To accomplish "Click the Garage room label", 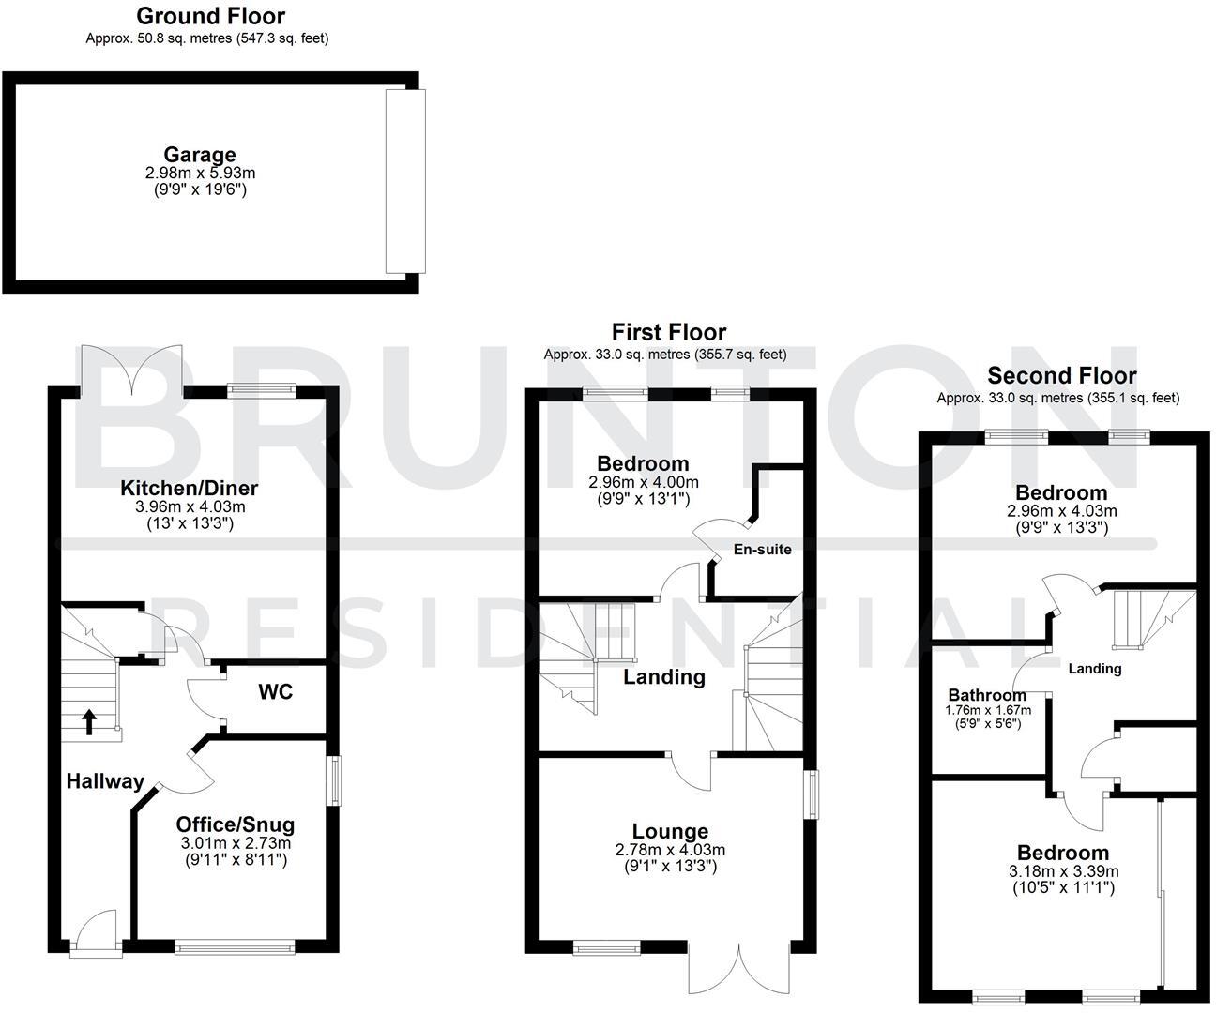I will click(x=199, y=155).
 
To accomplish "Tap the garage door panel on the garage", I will click(x=405, y=181).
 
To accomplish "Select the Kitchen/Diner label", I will click(x=189, y=488).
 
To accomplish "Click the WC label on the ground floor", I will click(x=275, y=692).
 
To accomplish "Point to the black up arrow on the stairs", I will click(x=89, y=720).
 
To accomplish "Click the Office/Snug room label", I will click(x=235, y=824).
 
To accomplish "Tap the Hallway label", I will click(x=105, y=780).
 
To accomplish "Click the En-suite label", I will click(x=761, y=550).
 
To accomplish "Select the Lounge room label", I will click(x=669, y=831).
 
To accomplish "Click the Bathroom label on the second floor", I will click(x=986, y=695).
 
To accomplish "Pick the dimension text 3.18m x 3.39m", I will click(x=1063, y=870).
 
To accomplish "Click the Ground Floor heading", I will click(x=210, y=16).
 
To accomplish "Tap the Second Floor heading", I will click(x=1061, y=376).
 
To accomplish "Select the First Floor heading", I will click(x=668, y=332).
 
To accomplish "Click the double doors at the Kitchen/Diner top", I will click(x=131, y=370).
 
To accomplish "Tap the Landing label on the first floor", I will click(x=663, y=676).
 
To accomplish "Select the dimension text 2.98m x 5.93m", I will click(x=200, y=174).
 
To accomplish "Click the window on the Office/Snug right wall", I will click(x=333, y=779).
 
